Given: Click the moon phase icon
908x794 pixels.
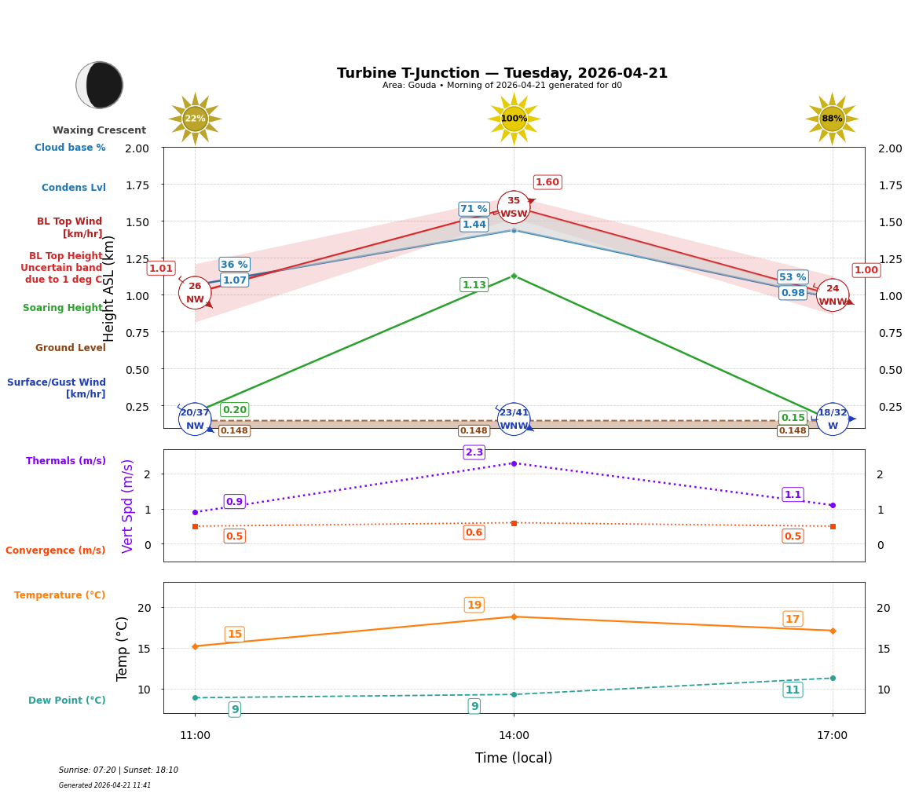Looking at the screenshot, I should pos(100,85).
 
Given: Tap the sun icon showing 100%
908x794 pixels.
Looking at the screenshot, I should pos(514,119).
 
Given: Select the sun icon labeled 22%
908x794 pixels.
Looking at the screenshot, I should pos(195,119).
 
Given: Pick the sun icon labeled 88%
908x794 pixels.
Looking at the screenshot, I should pos(832,119).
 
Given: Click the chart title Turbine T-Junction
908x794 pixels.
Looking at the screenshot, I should pos(502,73).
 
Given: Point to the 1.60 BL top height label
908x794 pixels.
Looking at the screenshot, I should pos(547,182).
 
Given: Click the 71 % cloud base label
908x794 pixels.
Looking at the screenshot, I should pos(474,209).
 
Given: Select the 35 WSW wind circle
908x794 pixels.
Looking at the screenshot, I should pos(514,207).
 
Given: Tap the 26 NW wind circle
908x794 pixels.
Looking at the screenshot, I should pos(195,293).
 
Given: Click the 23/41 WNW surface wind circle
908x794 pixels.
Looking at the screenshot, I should pos(514,419).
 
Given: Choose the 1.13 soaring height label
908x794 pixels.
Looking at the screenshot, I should pos(474,285).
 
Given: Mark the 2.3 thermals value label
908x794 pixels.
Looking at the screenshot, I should pos(474,452).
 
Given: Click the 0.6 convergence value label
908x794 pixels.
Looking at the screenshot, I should pos(474,532).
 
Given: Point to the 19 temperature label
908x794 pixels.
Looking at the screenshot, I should pos(474,605).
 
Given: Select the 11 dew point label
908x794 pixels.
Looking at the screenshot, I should pos(793,690).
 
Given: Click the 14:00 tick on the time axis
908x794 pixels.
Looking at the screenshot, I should pos(514,736).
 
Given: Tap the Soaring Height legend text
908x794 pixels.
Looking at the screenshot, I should pos(63,308).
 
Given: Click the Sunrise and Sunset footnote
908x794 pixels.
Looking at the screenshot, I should pos(119,770).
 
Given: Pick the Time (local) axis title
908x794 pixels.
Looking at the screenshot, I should pos(514,758).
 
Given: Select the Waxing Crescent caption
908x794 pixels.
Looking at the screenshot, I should pos(99,130).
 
